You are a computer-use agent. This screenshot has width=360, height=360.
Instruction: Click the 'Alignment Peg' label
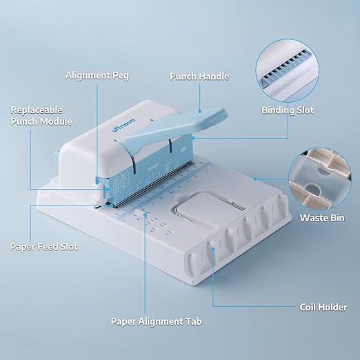(x=97, y=75)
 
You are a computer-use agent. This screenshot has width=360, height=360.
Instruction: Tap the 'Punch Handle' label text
(x=199, y=76)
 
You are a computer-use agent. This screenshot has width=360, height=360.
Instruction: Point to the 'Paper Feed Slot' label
(x=43, y=246)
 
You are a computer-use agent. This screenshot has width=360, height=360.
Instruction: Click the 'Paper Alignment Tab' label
(x=157, y=321)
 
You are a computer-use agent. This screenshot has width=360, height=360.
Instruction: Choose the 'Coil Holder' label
(x=323, y=307)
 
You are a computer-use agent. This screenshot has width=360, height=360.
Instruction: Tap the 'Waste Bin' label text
(x=323, y=218)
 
